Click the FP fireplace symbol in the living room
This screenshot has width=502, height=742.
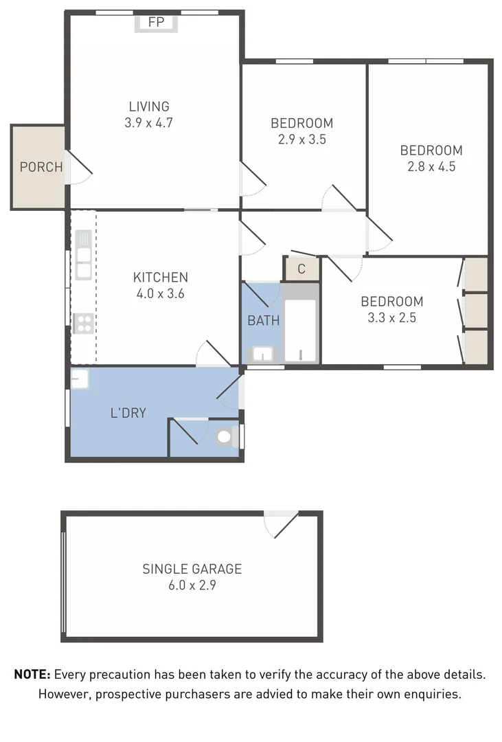(157, 23)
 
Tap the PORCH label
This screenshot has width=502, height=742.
(41, 167)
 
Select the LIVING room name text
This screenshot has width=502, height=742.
(149, 106)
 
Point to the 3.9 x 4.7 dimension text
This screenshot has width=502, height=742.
(149, 124)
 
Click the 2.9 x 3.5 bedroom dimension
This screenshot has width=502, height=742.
(301, 139)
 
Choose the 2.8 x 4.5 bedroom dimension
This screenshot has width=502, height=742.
(431, 166)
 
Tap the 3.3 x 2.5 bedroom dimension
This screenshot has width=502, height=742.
(391, 317)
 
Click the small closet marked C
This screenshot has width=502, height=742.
(301, 269)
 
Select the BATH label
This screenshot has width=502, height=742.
(263, 320)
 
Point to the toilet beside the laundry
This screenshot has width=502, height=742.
(225, 436)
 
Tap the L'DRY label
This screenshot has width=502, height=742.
(128, 414)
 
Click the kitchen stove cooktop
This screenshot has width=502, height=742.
(83, 322)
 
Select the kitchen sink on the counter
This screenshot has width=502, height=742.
(83, 254)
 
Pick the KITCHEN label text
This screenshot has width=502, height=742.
(160, 278)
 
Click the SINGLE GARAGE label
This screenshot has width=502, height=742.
(192, 569)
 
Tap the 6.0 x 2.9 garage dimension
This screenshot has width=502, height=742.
(192, 586)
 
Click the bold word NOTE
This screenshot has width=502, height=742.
(32, 675)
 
